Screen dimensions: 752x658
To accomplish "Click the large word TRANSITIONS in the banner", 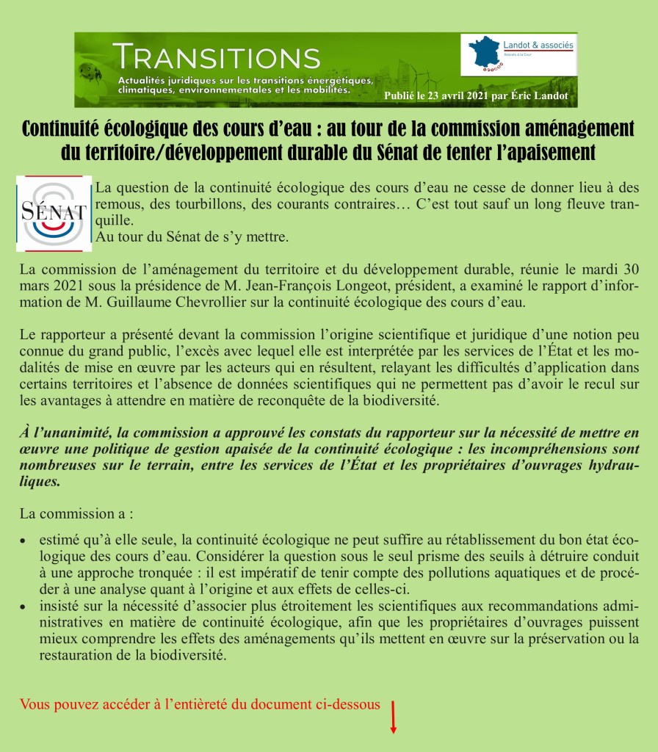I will [x=217, y=57].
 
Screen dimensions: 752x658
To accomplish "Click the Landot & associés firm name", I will [x=539, y=46].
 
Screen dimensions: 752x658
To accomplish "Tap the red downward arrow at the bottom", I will [x=394, y=717].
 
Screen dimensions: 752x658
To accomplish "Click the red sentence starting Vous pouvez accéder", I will [x=200, y=704].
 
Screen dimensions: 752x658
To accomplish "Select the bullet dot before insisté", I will [x=24, y=607].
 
